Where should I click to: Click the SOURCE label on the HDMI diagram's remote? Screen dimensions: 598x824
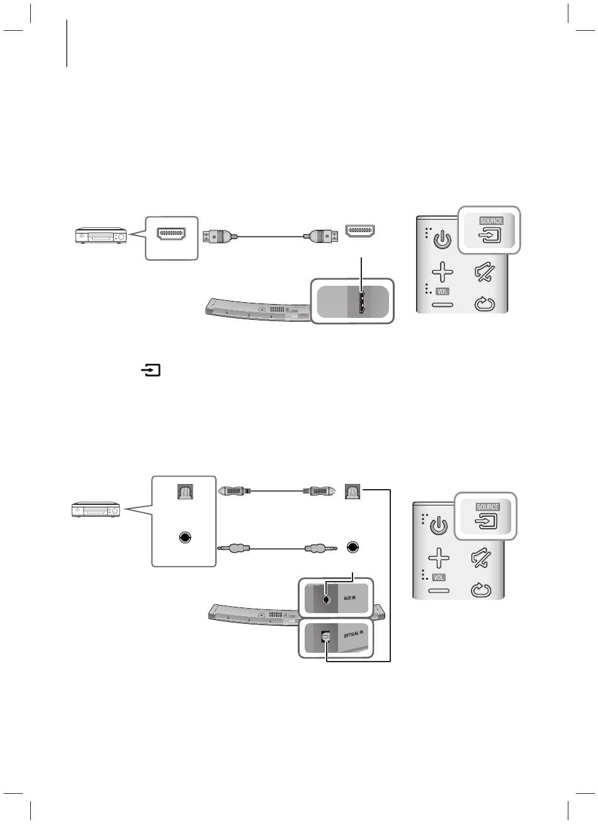click(491, 221)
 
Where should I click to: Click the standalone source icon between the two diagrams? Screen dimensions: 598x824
click(151, 371)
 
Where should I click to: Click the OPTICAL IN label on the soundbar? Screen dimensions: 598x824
click(353, 635)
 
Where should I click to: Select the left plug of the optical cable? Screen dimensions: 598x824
click(233, 489)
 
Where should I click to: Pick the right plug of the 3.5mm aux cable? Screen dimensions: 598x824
click(320, 548)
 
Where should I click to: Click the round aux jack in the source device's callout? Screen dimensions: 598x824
click(184, 538)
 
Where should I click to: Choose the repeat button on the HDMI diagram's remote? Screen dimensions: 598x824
click(485, 306)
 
